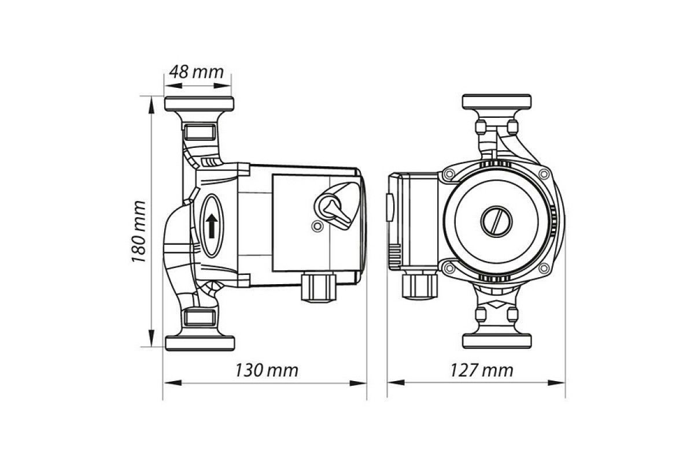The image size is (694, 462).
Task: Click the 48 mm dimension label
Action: click(x=196, y=72)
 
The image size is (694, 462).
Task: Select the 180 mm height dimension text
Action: click(x=138, y=232)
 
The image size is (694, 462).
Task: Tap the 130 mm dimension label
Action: click(x=267, y=370)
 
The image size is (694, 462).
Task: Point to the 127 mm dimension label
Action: click(x=481, y=370)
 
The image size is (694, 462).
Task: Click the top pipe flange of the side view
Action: click(x=200, y=105)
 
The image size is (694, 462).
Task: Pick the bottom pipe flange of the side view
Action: click(x=200, y=342)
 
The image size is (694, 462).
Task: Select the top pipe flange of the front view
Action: click(x=497, y=102)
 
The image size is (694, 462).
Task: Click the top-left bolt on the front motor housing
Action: click(x=448, y=173)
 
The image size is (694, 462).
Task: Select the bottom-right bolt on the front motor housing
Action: click(x=544, y=268)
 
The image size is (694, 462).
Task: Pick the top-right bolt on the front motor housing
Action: click(x=544, y=173)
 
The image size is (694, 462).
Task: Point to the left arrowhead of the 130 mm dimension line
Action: click(x=168, y=382)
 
